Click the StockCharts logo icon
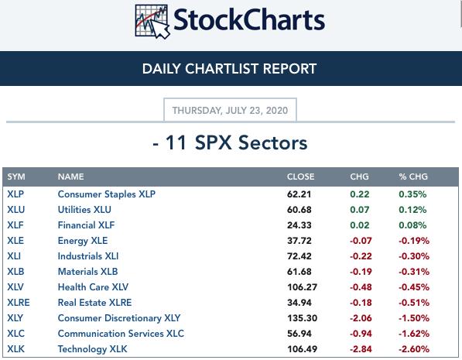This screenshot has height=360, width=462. pos(152,22)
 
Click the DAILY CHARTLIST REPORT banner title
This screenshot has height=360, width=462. pos(229,69)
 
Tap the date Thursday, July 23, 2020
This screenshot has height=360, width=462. pos(230,111)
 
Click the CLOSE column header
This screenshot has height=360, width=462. pos(300,177)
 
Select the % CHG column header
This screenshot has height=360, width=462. pos(413,177)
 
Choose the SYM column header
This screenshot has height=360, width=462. pos(16,177)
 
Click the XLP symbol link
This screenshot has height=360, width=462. pos(15,194)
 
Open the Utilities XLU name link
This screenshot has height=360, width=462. pos(84,210)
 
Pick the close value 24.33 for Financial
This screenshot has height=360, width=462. pos(299,225)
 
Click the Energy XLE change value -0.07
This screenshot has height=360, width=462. pos(361,241)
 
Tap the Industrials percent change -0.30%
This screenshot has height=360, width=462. pos(414,256)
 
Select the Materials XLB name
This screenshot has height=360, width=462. pos(87,272)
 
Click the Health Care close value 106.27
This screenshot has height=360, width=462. pos(302,287)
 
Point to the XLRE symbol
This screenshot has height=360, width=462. pos(19,303)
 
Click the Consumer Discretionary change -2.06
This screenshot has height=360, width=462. pos(361,318)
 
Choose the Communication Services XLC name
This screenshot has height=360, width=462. pos(121,334)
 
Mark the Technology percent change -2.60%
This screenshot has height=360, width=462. pos(414,349)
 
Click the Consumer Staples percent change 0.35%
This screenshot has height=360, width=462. pos(412,194)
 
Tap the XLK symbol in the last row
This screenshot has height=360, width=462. pos(16,349)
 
